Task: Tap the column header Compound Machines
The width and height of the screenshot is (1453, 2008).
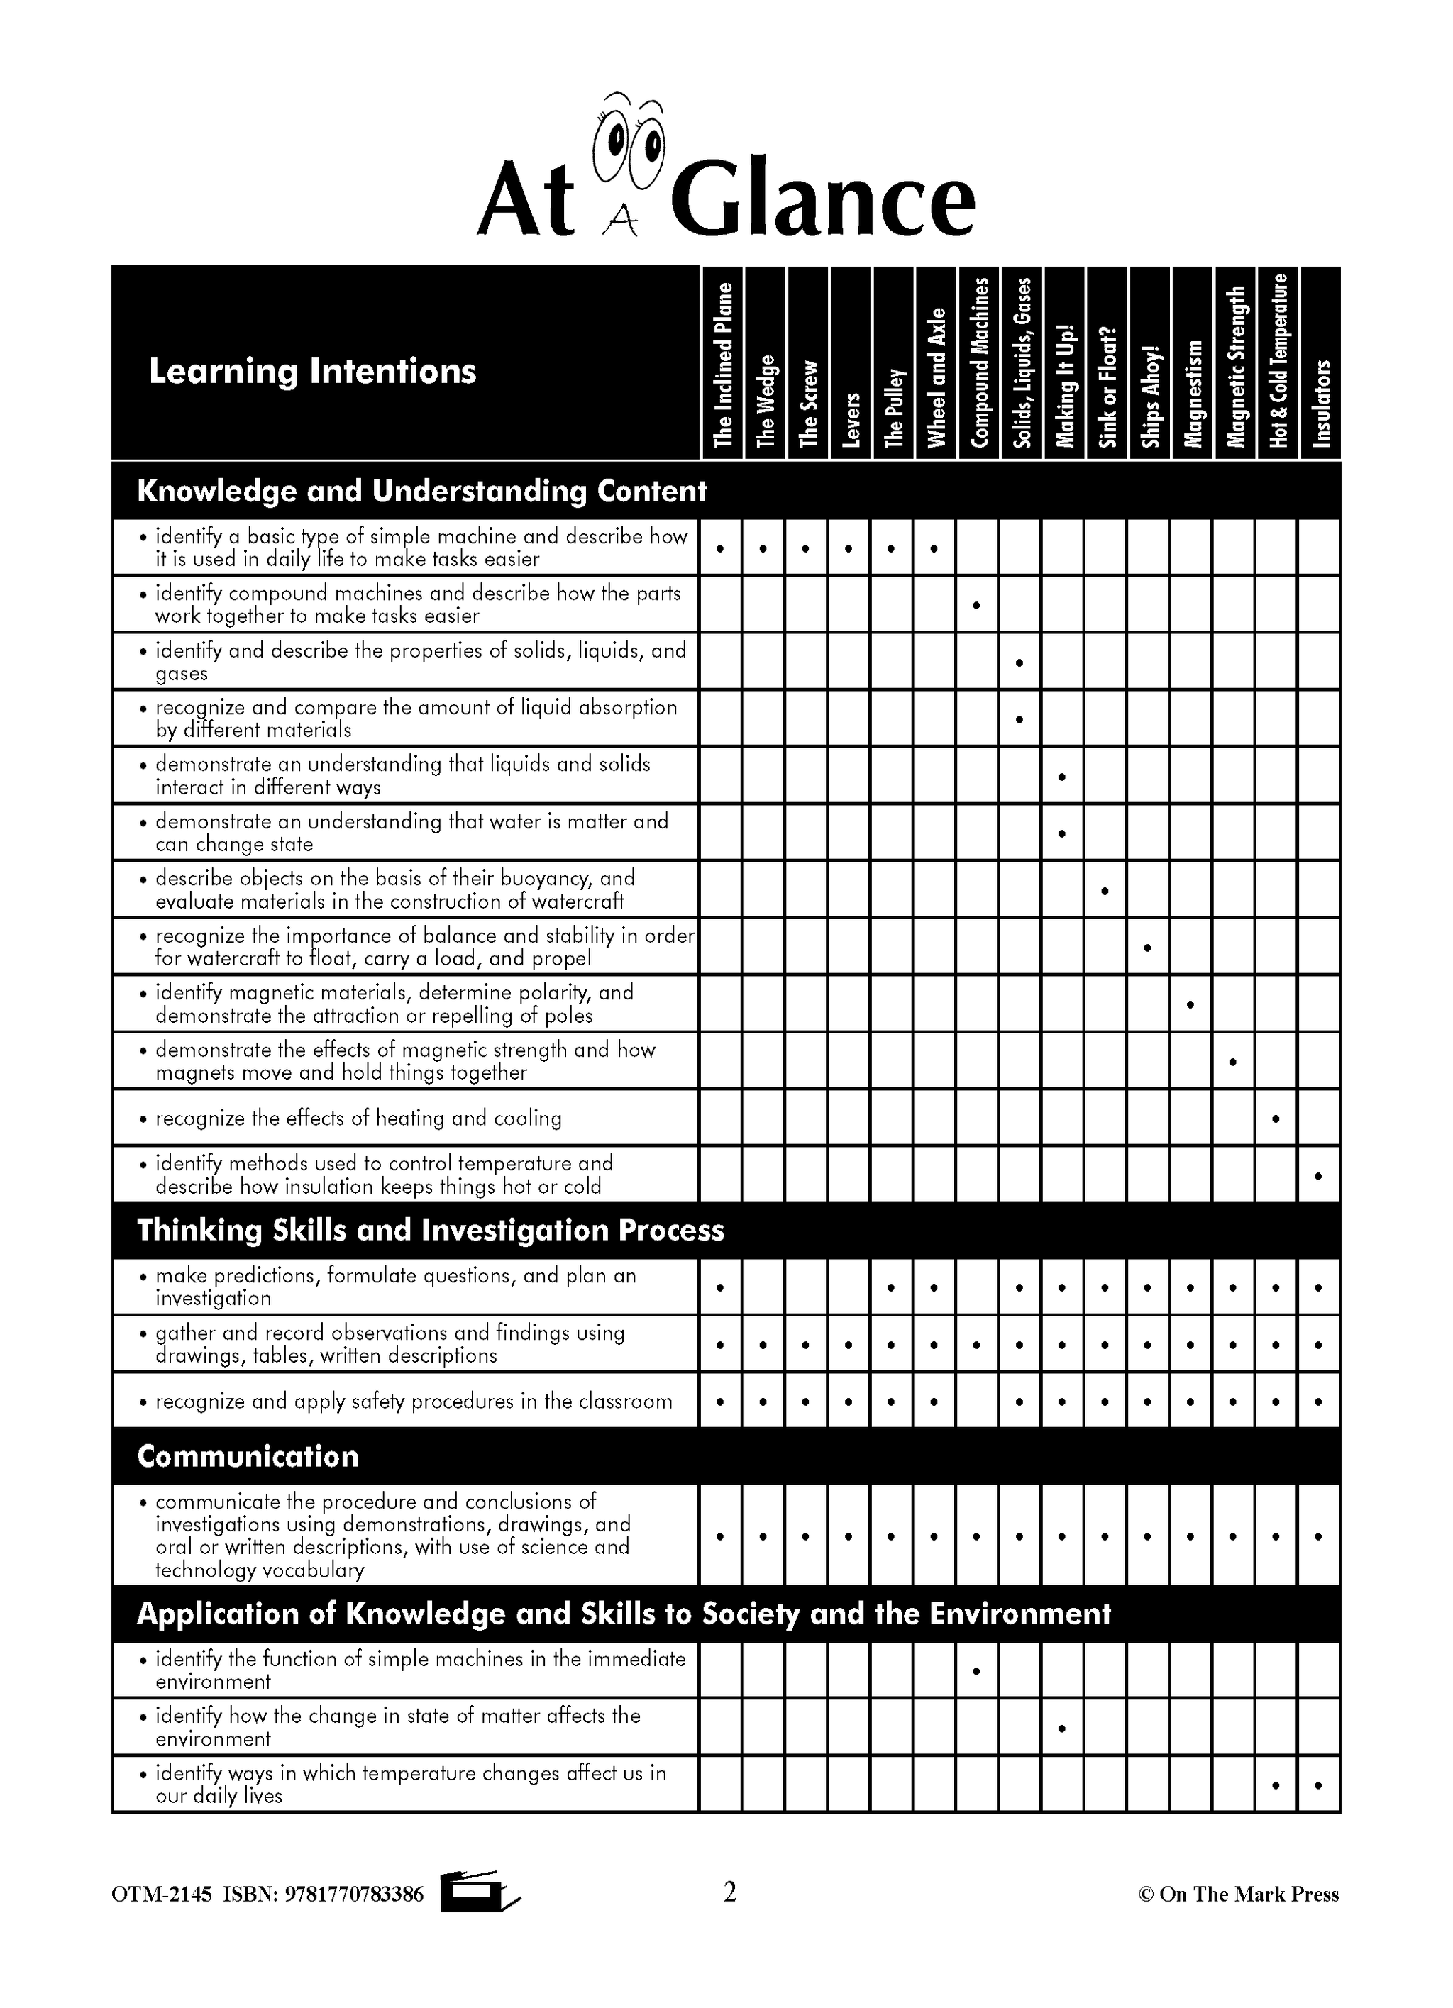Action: point(978,363)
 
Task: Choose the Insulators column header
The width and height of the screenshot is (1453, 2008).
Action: point(1321,404)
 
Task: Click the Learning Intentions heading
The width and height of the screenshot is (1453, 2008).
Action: point(313,371)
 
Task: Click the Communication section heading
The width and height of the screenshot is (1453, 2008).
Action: point(248,1456)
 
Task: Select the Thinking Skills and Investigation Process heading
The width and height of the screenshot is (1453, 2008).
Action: point(431,1230)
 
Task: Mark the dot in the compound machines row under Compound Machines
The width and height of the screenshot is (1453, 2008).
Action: point(976,606)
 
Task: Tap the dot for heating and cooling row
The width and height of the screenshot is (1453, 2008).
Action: point(1275,1119)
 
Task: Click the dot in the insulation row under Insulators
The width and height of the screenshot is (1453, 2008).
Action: point(1318,1176)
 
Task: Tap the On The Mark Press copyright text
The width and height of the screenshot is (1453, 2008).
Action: point(1238,1895)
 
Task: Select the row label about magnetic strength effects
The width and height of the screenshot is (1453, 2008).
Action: point(406,1060)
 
